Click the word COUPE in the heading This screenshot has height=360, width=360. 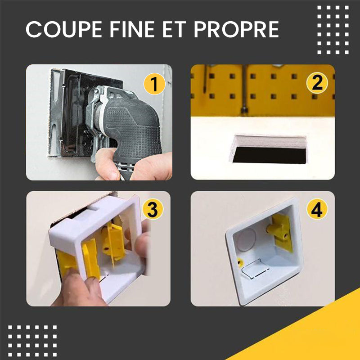(64, 29)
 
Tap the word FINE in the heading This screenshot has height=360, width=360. (132, 29)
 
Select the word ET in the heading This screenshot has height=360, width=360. (174, 29)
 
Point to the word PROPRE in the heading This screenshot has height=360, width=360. (237, 29)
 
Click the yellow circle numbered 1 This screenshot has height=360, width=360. (154, 84)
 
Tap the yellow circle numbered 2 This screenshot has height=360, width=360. (317, 83)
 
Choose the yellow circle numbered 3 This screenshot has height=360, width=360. (153, 209)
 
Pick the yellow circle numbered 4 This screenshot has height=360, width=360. (317, 209)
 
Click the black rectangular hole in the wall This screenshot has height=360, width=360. (270, 155)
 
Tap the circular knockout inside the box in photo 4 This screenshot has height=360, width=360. (246, 240)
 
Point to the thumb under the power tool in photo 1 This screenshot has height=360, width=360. (106, 163)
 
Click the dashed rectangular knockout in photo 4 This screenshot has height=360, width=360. (255, 269)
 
